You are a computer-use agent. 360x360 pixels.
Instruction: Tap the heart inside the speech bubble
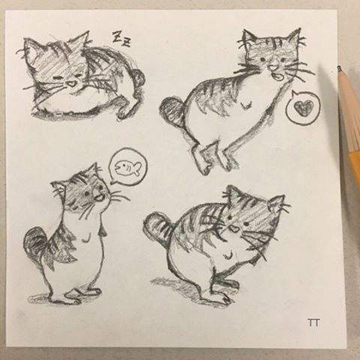point(301,107)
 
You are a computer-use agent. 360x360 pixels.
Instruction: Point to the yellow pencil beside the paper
point(349,120)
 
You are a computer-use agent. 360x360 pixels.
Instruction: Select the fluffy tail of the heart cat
point(172,112)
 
